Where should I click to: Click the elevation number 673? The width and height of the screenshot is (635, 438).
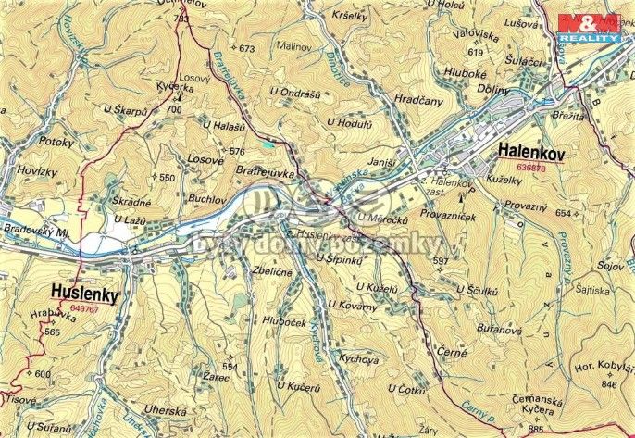[246, 48]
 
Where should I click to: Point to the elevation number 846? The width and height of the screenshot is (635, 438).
[608, 382]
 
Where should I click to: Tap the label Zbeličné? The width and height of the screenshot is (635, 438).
[272, 272]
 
